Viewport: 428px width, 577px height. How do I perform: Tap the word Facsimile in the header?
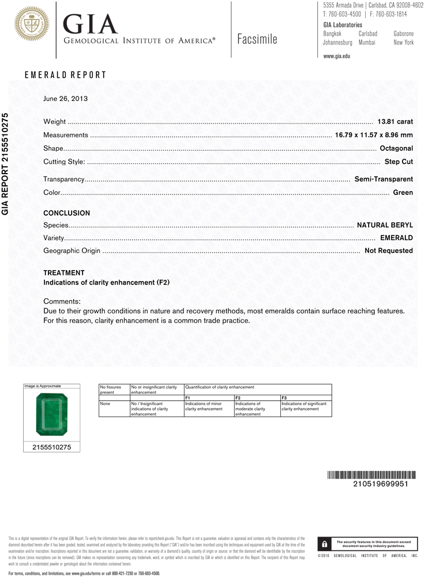pyautogui.click(x=257, y=39)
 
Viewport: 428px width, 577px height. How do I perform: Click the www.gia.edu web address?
pyautogui.click(x=337, y=56)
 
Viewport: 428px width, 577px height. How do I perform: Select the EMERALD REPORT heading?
pyautogui.click(x=65, y=75)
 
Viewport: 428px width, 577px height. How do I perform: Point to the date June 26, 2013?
pyautogui.click(x=65, y=99)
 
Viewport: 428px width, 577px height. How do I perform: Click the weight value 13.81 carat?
pyautogui.click(x=395, y=122)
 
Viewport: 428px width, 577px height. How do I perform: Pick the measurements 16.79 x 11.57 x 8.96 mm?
pyautogui.click(x=374, y=135)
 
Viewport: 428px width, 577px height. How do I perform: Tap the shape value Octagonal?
pyautogui.click(x=396, y=148)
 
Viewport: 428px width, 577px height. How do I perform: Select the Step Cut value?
pyautogui.click(x=399, y=162)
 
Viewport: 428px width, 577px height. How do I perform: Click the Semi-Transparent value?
pyautogui.click(x=384, y=179)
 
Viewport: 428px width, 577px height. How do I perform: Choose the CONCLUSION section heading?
pyautogui.click(x=66, y=213)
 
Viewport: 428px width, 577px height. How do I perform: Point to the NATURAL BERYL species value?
pyautogui.click(x=385, y=225)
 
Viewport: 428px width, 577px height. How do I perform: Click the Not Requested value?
pyautogui.click(x=388, y=250)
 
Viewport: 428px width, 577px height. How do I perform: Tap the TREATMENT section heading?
pyautogui.click(x=64, y=272)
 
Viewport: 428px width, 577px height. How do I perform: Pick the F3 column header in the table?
pyautogui.click(x=284, y=398)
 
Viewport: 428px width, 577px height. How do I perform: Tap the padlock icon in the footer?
pyautogui.click(x=325, y=544)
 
